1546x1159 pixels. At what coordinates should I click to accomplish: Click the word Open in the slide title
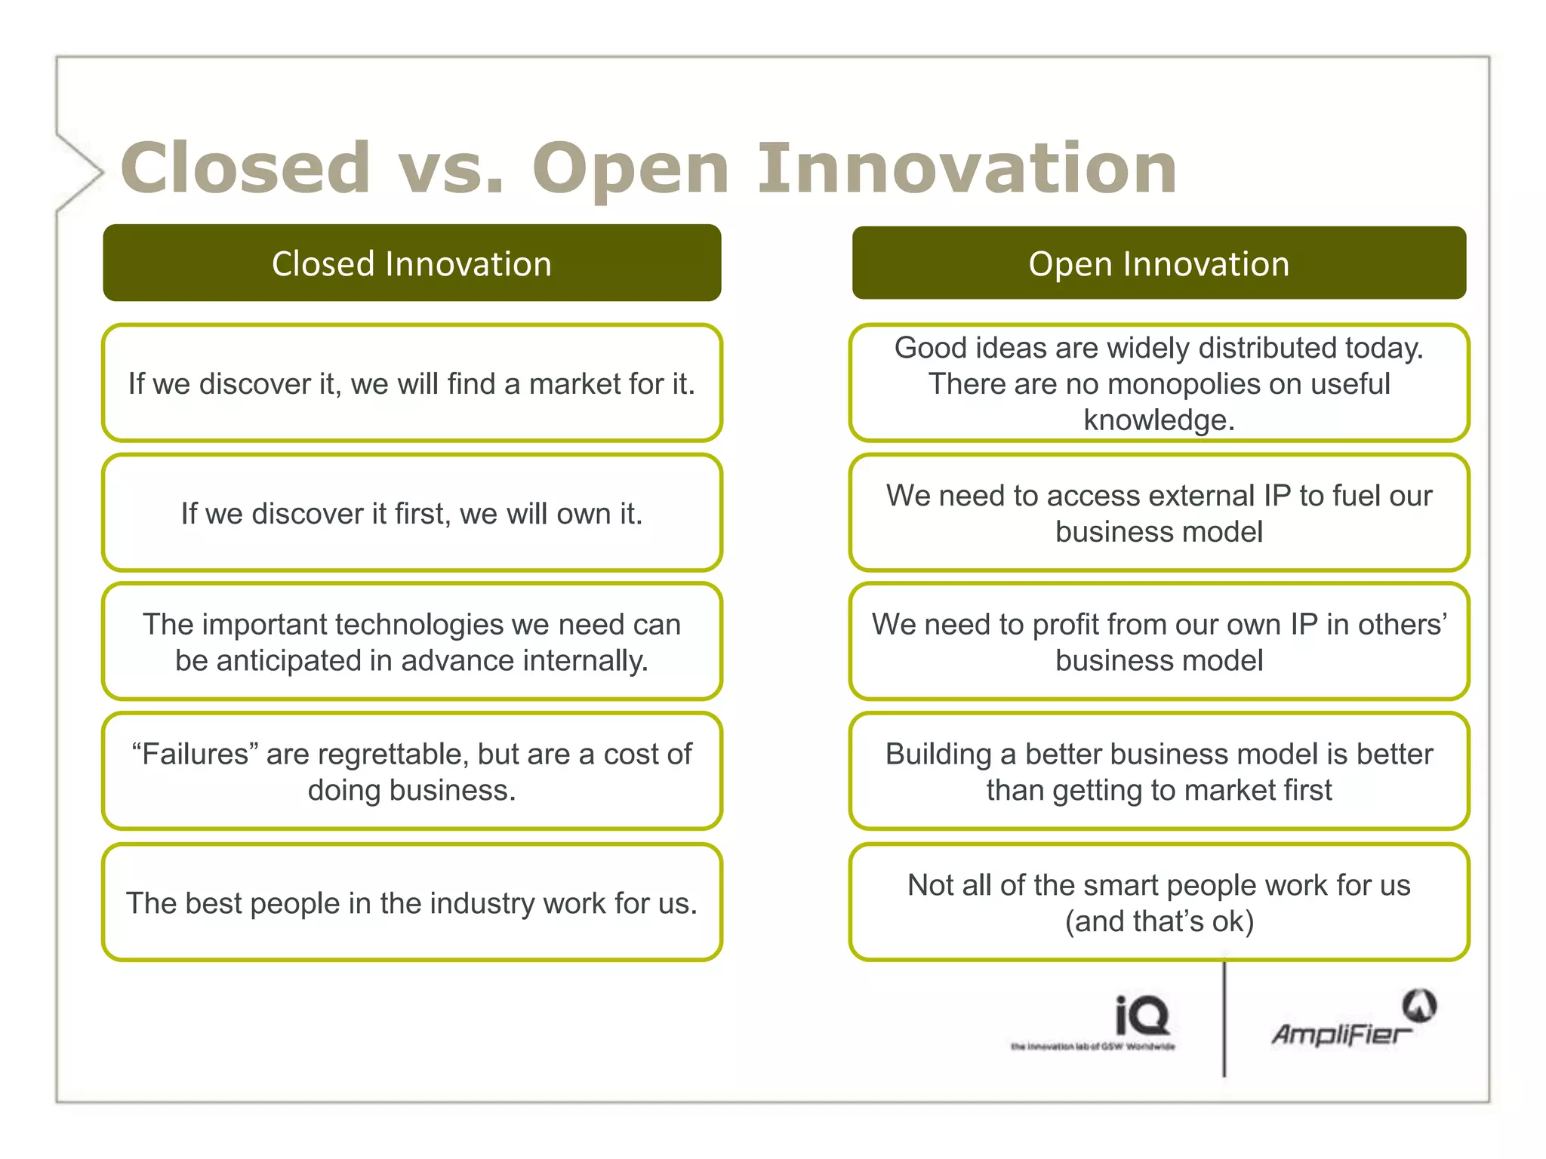(630, 170)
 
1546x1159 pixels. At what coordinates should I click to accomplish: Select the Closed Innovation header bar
(412, 263)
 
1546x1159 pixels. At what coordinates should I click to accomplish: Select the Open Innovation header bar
(1159, 263)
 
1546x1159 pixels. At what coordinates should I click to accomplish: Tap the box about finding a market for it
(412, 383)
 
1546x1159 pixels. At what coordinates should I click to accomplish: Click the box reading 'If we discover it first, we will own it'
(412, 513)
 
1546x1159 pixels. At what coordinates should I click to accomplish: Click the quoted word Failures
(196, 754)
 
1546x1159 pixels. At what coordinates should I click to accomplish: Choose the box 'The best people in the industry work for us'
(412, 902)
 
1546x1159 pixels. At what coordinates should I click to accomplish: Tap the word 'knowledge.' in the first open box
(1159, 420)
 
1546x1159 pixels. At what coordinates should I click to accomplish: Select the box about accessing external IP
(1159, 513)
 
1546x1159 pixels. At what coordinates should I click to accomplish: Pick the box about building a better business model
(1159, 771)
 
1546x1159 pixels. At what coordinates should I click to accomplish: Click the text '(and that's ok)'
(1159, 921)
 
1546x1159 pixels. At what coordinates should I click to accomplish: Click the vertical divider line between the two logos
(1224, 1019)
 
